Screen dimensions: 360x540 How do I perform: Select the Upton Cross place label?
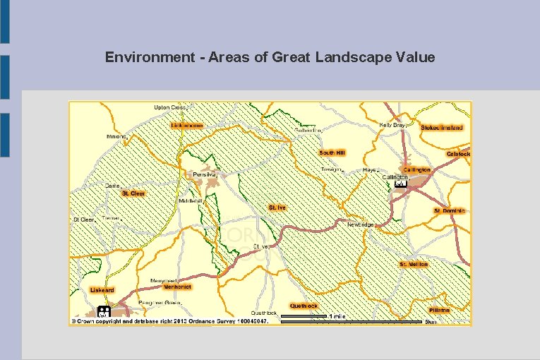(169, 107)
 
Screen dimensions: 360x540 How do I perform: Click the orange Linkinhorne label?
(187, 126)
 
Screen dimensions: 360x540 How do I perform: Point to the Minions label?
(116, 136)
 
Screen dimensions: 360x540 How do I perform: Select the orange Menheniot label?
(177, 287)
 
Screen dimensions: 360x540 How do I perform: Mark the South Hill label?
(332, 152)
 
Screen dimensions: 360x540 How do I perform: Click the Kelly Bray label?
(392, 125)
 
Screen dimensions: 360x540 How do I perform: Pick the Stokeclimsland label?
(442, 128)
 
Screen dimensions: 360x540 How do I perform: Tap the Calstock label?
(458, 154)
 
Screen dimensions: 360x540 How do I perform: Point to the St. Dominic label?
(450, 210)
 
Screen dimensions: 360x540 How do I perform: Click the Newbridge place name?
(361, 224)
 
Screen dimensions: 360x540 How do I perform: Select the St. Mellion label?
(414, 264)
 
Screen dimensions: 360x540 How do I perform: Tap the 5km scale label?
(431, 322)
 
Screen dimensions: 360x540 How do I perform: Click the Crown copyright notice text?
(169, 320)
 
